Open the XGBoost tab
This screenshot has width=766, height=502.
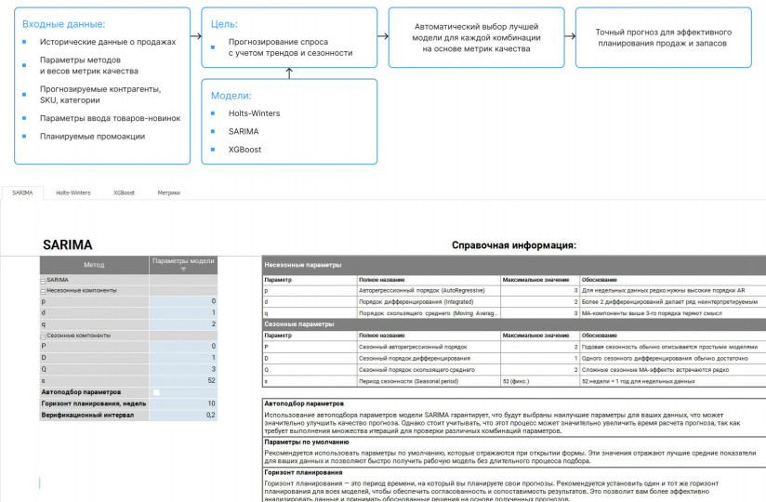coord(124,192)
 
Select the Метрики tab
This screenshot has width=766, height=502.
coord(168,192)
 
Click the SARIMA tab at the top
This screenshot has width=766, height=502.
coord(22,192)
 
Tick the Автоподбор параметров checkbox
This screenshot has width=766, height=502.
coord(156,392)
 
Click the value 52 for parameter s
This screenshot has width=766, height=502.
coord(183,380)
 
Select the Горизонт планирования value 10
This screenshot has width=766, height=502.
coord(183,403)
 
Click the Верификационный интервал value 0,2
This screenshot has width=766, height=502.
coord(183,415)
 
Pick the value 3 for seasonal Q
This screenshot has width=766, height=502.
coord(183,369)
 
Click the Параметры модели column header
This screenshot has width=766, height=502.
coord(183,261)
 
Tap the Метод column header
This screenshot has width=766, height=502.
coord(94,265)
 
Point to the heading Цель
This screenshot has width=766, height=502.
coord(225,23)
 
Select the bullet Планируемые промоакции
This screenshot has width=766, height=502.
coord(92,136)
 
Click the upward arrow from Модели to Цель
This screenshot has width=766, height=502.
coord(290,73)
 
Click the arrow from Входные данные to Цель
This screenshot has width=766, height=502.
coord(196,37)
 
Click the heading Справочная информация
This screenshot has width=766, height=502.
coord(513,245)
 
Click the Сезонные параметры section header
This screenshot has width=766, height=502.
coord(297,324)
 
